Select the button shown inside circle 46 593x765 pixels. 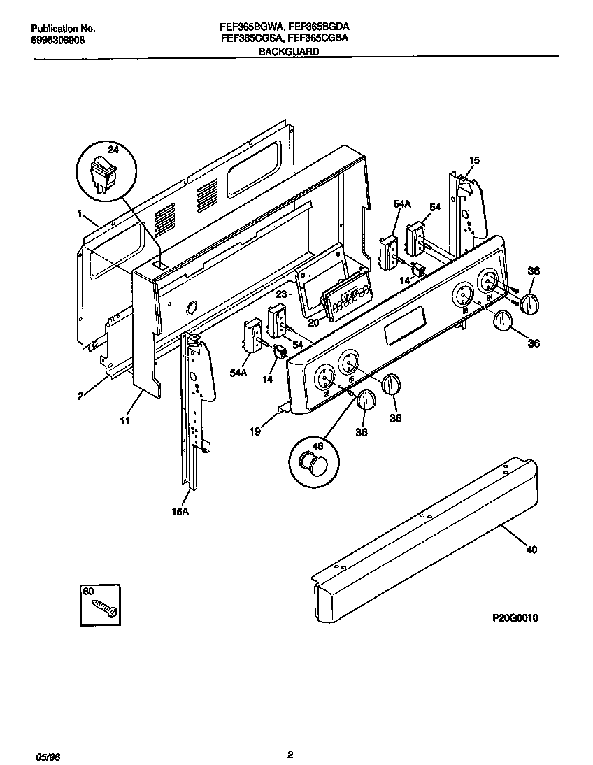click(x=310, y=463)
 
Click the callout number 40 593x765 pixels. click(x=531, y=550)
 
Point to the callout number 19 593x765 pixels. click(x=256, y=431)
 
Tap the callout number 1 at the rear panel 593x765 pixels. click(x=80, y=213)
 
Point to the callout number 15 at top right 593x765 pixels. click(x=473, y=161)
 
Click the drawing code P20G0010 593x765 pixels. click(x=514, y=619)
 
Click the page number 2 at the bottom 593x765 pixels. click(x=290, y=753)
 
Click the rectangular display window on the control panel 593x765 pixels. click(x=403, y=327)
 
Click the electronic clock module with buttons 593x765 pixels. click(x=346, y=299)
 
